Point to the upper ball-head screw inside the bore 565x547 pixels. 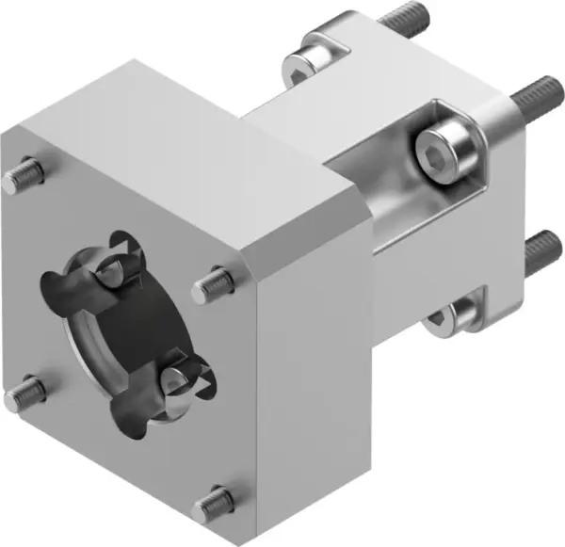pyautogui.click(x=111, y=272)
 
